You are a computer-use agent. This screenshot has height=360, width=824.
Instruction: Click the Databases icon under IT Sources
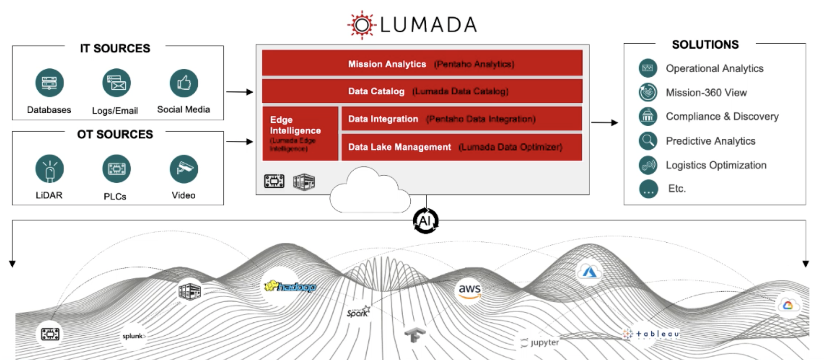coord(49,83)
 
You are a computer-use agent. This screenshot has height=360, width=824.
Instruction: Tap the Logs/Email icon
coord(116,83)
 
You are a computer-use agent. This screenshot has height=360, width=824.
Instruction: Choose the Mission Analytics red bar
coord(422,64)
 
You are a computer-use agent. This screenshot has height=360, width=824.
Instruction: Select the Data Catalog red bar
coord(422,91)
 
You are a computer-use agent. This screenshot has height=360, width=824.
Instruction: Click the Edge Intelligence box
coord(300,133)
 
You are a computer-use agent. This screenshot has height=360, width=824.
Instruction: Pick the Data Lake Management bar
coord(462,147)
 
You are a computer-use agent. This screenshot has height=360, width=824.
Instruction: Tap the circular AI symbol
coord(425,221)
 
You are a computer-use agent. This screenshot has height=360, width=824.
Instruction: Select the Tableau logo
coord(652,334)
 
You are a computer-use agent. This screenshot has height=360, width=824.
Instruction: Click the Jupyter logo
coord(540,343)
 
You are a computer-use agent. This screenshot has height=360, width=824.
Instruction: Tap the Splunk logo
coord(134,336)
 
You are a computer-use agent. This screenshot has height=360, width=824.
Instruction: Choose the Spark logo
coord(358,312)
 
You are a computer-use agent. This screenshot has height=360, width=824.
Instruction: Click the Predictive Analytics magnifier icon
coord(648,141)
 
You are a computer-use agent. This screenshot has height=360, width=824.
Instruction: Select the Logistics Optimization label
coord(716,165)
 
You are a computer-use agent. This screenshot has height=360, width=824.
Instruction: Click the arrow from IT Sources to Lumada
coord(239,92)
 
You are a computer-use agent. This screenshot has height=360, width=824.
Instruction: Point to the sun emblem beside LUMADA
coord(362,25)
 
